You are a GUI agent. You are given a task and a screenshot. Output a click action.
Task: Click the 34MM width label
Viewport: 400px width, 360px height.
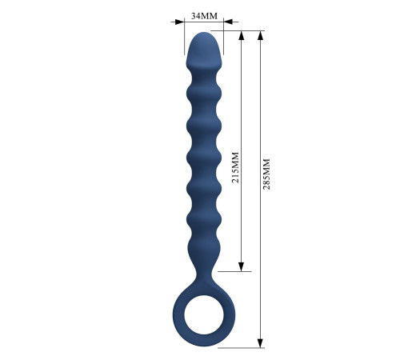click(204, 16)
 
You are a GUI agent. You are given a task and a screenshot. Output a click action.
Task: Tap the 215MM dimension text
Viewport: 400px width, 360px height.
click(235, 167)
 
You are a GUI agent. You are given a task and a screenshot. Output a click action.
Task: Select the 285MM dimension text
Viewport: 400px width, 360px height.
click(266, 174)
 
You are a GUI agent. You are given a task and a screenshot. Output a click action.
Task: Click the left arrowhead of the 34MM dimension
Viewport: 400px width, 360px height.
click(180, 22)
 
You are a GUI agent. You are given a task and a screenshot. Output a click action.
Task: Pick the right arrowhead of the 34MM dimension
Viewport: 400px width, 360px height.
click(228, 22)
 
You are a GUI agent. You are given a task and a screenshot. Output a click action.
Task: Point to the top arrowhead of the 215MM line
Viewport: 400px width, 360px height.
click(242, 35)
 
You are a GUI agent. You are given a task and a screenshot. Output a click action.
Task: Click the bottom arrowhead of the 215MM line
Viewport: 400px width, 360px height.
click(242, 266)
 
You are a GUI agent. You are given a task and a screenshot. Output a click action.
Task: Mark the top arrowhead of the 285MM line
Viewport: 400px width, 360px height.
click(261, 35)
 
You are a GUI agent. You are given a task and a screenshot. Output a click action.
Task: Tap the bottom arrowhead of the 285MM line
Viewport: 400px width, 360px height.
click(261, 343)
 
